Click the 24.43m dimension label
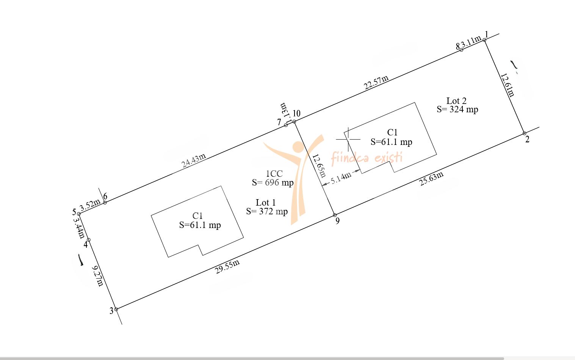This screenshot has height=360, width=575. pyautogui.click(x=194, y=160)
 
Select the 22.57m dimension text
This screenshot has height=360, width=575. pyautogui.click(x=376, y=82)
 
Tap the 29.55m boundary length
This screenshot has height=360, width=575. pyautogui.click(x=227, y=266)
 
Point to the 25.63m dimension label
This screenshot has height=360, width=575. pyautogui.click(x=431, y=178)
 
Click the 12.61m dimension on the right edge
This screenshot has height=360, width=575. pyautogui.click(x=508, y=85)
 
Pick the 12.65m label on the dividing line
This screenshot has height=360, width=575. pyautogui.click(x=319, y=166)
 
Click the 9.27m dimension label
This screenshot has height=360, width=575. pyautogui.click(x=97, y=276)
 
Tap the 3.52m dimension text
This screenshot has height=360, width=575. pyautogui.click(x=89, y=205)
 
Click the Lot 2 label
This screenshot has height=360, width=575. pyautogui.click(x=456, y=101)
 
